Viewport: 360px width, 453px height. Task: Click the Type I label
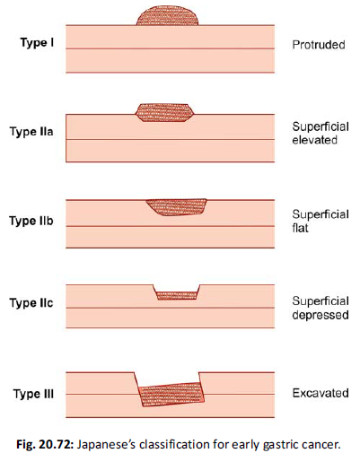point(37,42)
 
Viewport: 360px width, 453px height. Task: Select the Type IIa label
point(31,131)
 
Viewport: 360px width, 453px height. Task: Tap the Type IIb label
point(31,221)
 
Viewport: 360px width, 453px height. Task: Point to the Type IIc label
point(31,303)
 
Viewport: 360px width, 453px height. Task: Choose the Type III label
point(33,394)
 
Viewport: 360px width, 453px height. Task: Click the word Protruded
point(319,45)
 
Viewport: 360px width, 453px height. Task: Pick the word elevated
point(315,140)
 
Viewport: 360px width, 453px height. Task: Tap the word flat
point(300,228)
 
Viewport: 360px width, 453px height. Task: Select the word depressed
point(320,315)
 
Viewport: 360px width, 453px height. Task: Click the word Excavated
point(320,393)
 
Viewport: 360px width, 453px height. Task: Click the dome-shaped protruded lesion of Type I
point(167,16)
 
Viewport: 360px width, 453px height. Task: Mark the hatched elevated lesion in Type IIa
point(164,112)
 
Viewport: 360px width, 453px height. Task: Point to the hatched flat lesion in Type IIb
point(177,207)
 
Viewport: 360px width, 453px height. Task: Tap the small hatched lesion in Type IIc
point(177,295)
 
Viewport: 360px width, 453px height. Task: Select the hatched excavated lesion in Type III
point(171,394)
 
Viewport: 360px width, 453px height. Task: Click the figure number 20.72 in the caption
point(56,444)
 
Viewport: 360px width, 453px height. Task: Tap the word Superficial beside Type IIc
point(320,301)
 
